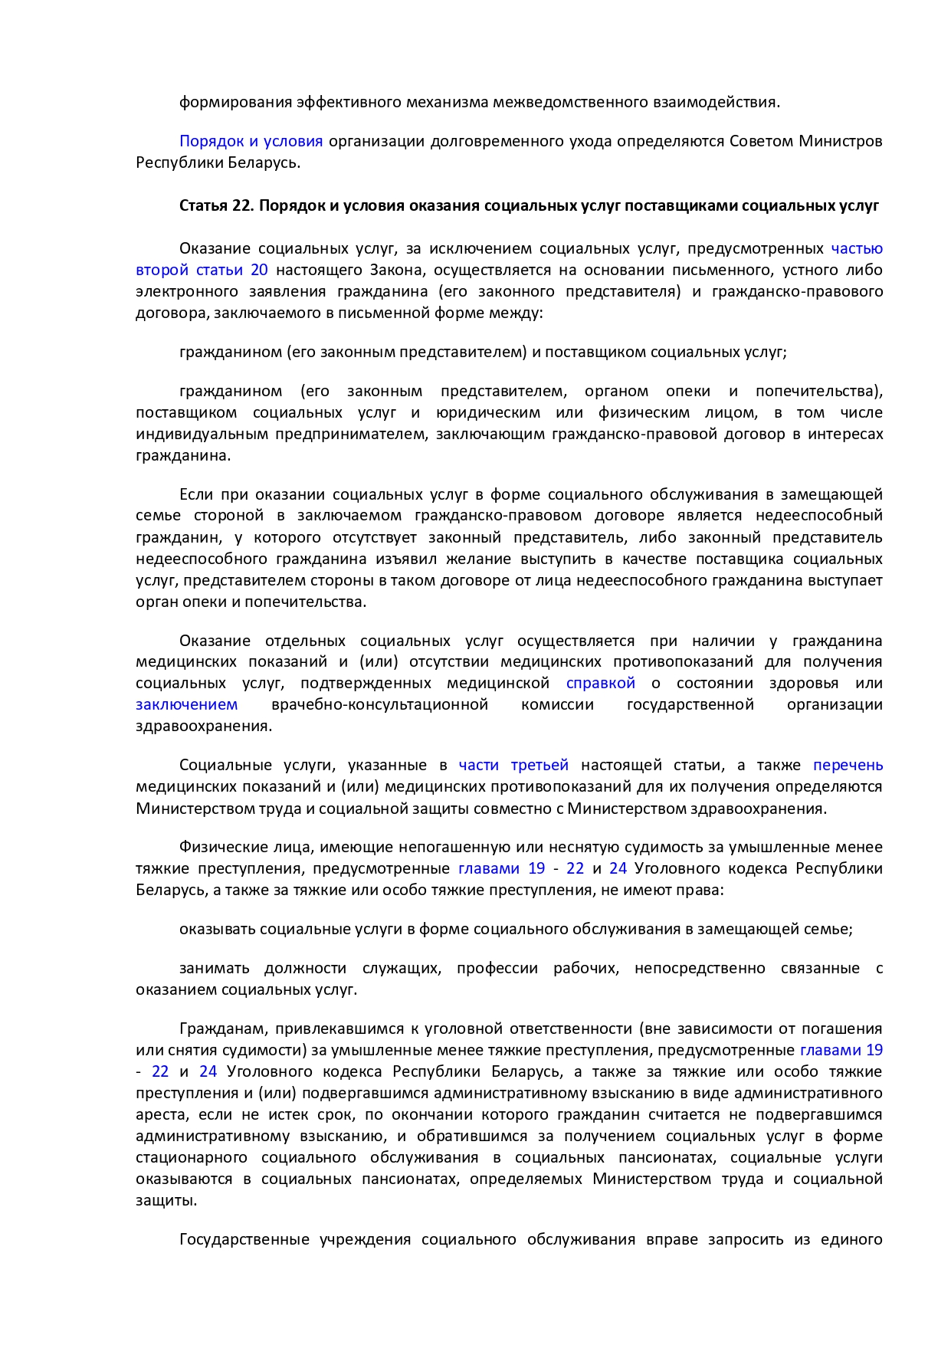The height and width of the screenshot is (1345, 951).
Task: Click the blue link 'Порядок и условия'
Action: tap(251, 141)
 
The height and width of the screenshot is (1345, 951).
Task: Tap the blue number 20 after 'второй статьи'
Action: tap(259, 270)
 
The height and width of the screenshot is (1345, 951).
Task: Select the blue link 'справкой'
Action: tap(601, 683)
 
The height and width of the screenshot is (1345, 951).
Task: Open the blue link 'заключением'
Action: tap(187, 704)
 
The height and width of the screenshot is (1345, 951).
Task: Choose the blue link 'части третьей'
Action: tap(513, 765)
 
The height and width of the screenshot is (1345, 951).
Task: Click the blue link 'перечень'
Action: tap(848, 765)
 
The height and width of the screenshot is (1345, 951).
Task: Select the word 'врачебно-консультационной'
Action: tap(379, 704)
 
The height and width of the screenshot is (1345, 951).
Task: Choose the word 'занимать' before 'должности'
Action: tap(214, 968)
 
